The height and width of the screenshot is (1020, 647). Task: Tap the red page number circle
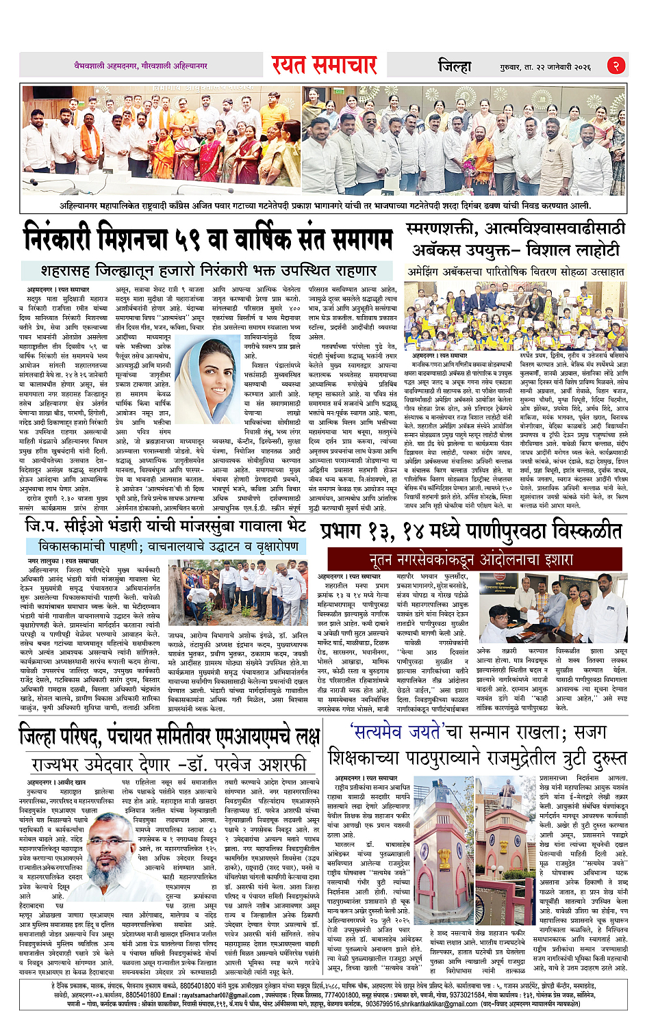(x=616, y=66)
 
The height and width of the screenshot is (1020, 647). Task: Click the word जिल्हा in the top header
(x=455, y=66)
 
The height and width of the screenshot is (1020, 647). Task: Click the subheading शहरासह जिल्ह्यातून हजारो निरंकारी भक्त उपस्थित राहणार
(x=209, y=270)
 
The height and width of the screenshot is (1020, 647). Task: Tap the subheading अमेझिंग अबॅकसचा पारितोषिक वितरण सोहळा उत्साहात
(x=516, y=272)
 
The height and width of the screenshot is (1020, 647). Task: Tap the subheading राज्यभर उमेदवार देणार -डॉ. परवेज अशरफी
(x=168, y=763)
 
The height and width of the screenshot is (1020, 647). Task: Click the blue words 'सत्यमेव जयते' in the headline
(x=397, y=731)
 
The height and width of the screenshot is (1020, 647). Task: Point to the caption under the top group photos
(x=325, y=205)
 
